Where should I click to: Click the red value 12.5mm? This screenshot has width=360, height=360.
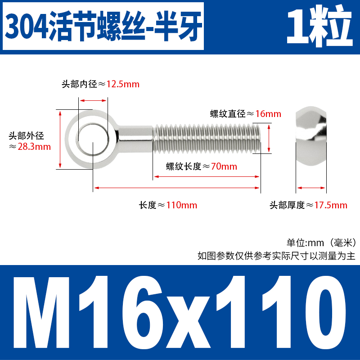pyautogui.click(x=123, y=84)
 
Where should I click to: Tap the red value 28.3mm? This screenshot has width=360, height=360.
pyautogui.click(x=34, y=147)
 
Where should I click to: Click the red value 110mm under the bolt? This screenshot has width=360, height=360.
pyautogui.click(x=182, y=206)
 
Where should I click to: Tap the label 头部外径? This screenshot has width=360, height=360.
pyautogui.click(x=27, y=135)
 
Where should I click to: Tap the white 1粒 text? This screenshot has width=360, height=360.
pyautogui.click(x=319, y=26)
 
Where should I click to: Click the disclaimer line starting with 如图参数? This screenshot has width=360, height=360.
pyautogui.click(x=276, y=256)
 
